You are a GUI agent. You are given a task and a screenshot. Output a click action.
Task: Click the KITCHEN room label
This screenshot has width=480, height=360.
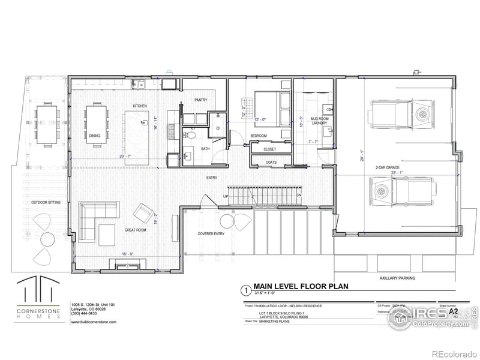click(x=140, y=106)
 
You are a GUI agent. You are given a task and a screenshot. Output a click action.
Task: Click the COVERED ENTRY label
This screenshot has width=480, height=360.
click(x=211, y=233)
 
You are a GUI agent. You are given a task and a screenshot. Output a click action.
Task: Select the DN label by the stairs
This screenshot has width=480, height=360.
click(x=298, y=196)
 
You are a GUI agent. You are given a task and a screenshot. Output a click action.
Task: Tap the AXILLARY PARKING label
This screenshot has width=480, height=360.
click(x=397, y=278)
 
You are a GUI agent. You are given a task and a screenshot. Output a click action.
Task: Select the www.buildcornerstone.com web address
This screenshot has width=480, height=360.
click(x=94, y=322)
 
